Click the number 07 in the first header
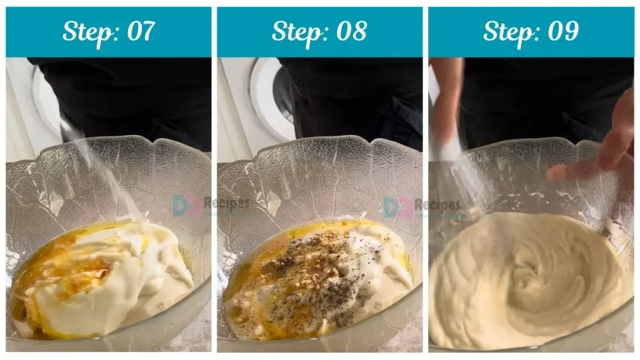pos(141,31)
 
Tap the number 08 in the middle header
pos(351,31)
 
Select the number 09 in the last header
pos(563,31)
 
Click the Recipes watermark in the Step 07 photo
pos(226,203)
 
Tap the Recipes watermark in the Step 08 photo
pos(437,204)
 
